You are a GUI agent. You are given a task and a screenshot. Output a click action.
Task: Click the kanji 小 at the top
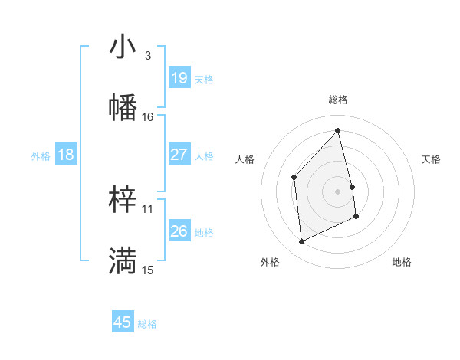[x=123, y=47]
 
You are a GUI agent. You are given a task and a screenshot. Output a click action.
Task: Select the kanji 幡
[x=123, y=108]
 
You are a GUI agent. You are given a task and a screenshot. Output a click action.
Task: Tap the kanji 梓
[x=123, y=201]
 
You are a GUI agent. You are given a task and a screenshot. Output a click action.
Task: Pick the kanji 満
[x=123, y=261]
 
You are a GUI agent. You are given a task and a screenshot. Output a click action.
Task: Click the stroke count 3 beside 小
[x=148, y=56]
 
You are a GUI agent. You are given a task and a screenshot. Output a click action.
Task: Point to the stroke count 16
[x=148, y=117]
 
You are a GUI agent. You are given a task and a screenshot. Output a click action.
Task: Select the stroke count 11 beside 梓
[x=148, y=208]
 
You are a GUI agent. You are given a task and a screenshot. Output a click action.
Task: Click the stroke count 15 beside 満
[x=148, y=270]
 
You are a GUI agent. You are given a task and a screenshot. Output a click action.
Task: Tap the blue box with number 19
[x=179, y=78]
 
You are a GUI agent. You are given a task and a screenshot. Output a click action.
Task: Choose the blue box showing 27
[x=179, y=155]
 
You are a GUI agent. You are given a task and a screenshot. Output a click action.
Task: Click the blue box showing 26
[x=179, y=231]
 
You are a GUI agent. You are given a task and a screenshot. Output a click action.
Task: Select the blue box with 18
[x=66, y=155]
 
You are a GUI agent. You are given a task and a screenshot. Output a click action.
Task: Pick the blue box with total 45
[x=123, y=322]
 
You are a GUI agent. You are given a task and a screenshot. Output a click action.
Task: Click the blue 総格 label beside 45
[x=147, y=324]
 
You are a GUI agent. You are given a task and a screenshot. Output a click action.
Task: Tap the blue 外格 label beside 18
[x=41, y=156]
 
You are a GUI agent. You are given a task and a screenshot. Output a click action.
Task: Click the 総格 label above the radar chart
[x=338, y=100]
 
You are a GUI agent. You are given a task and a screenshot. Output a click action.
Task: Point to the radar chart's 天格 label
[x=432, y=159]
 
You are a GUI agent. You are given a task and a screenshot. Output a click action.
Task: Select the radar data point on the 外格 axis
[x=302, y=242]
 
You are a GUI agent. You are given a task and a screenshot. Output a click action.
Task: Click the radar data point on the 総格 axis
[x=338, y=130]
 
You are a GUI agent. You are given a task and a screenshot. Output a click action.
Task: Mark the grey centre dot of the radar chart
[x=338, y=191]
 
